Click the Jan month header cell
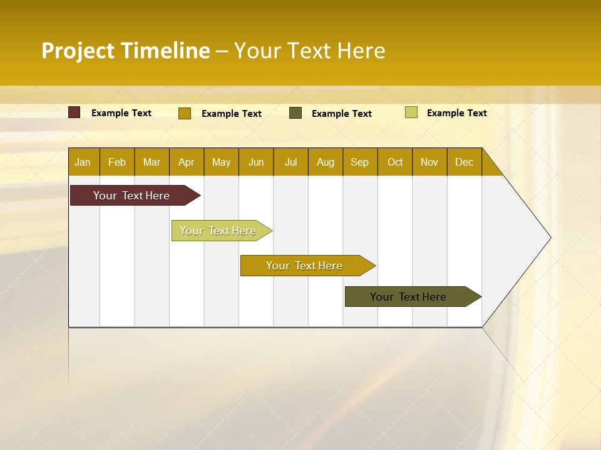[83, 162]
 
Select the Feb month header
[117, 162]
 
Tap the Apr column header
[186, 162]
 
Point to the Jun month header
[256, 162]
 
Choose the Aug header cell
[325, 162]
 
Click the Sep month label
[359, 162]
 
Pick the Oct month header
[395, 162]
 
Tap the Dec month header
[464, 162]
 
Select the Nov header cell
[429, 162]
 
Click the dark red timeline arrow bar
[131, 196]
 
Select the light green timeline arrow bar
[218, 231]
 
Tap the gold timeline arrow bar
[304, 266]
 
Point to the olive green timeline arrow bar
[408, 297]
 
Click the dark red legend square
[74, 112]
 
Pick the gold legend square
[185, 113]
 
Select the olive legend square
[295, 113]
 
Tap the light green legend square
[411, 112]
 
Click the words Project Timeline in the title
[126, 51]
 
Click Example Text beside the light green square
[456, 113]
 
